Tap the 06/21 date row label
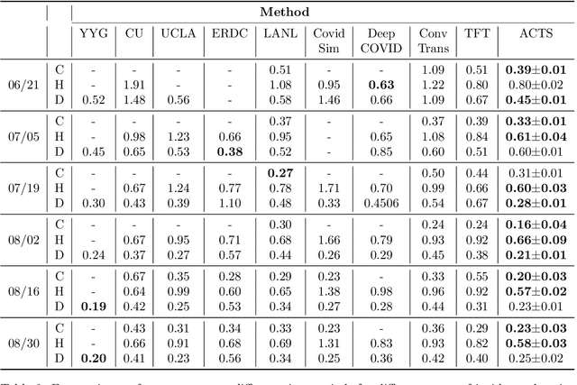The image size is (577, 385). coord(18,84)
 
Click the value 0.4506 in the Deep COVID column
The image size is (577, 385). coord(380,202)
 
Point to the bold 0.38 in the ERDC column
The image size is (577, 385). coord(229,151)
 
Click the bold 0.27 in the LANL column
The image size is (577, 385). coord(280,173)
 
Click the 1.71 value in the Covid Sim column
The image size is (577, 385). coord(329,188)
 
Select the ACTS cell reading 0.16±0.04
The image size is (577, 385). coord(536,225)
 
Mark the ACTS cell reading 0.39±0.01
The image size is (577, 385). coord(536,69)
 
